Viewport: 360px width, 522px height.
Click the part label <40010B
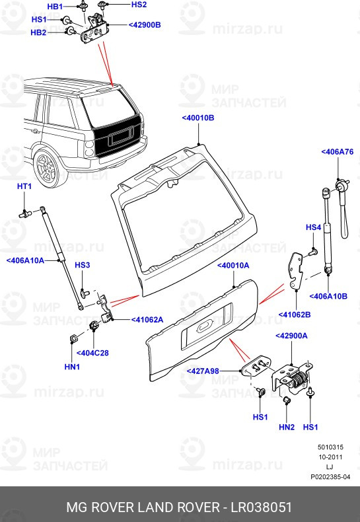click(x=198, y=118)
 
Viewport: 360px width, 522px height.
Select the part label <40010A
click(x=233, y=265)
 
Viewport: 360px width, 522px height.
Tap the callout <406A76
click(x=338, y=152)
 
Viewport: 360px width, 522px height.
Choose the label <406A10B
click(x=328, y=295)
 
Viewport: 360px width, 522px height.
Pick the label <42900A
click(x=291, y=336)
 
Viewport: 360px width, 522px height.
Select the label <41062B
click(x=295, y=314)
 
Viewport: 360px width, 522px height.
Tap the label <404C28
click(x=92, y=353)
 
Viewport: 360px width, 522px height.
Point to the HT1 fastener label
click(x=24, y=187)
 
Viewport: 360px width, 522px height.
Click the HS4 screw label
click(x=313, y=227)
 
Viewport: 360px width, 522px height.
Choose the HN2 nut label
click(x=286, y=428)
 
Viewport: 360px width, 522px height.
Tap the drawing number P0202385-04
click(x=330, y=477)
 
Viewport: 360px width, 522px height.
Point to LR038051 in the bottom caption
click(x=260, y=507)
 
